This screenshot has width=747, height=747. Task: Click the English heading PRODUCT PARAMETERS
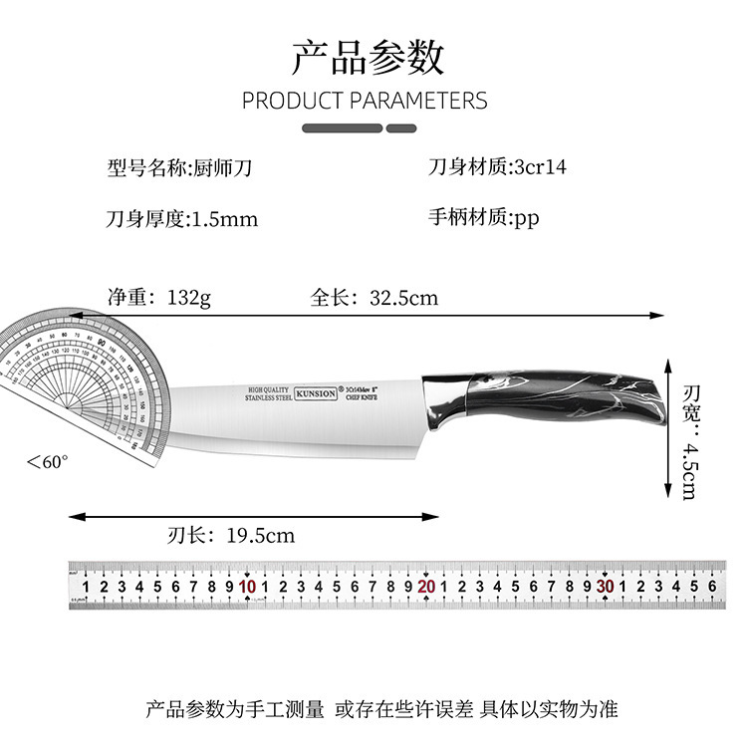[x=365, y=101]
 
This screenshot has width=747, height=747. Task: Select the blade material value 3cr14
[x=540, y=166]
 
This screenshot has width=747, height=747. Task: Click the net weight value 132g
[x=189, y=297]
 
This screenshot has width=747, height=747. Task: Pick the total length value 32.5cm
[x=403, y=297]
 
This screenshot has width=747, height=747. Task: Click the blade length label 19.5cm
[x=260, y=535]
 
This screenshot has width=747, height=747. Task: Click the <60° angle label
[x=47, y=462]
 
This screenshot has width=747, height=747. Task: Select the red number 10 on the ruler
[x=247, y=587]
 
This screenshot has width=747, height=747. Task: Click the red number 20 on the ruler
[x=426, y=587]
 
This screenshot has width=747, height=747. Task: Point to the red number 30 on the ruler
[x=605, y=587]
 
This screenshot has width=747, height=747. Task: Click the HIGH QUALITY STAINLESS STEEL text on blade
[x=267, y=392]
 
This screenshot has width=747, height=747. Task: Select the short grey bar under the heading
[x=400, y=128]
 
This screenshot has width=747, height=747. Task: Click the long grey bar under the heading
[x=341, y=128]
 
